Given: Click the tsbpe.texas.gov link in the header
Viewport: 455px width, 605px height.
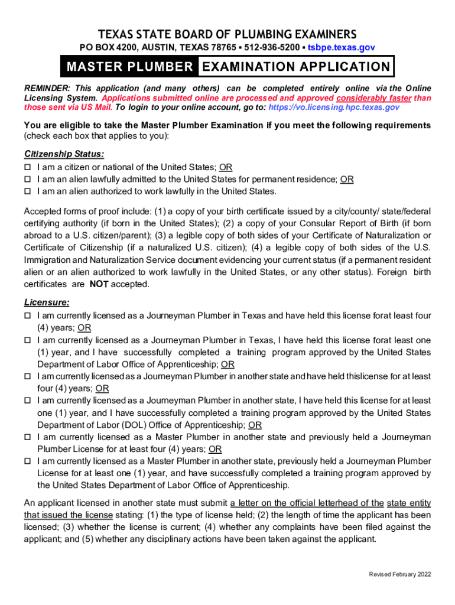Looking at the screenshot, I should [x=341, y=47].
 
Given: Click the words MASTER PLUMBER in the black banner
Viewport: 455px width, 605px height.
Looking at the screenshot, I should [x=130, y=67].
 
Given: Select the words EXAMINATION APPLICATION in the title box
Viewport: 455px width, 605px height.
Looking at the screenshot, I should [x=295, y=67].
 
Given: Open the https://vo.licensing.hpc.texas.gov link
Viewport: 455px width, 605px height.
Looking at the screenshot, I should [x=334, y=107].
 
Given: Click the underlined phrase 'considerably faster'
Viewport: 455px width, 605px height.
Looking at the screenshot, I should [x=373, y=98].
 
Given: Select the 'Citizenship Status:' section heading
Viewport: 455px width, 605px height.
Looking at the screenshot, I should [x=64, y=154].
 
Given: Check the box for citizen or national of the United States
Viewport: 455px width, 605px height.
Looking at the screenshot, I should [x=27, y=168].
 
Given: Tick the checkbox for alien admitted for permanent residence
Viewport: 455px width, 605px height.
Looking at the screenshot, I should [x=27, y=180].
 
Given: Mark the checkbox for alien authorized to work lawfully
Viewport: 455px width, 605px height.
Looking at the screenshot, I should [x=27, y=191].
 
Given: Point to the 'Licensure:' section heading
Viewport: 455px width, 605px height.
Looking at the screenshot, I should [x=47, y=302].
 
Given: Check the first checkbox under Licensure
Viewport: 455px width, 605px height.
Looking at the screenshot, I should [x=27, y=316].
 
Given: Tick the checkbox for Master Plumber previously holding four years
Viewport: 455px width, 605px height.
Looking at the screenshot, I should [x=27, y=437].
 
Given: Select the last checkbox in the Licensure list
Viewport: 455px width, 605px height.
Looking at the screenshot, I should [x=27, y=461].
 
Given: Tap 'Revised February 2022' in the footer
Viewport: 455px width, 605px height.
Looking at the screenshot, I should [x=400, y=574].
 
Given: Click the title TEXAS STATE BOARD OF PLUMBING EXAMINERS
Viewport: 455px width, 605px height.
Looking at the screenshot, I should [x=227, y=34].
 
